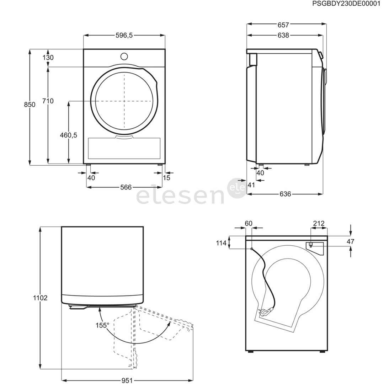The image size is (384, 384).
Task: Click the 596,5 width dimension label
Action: click(124, 36)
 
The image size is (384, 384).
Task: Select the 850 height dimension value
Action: click(30, 105)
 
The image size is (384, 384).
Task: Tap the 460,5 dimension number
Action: click(69, 135)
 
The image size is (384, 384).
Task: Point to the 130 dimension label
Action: click(48, 58)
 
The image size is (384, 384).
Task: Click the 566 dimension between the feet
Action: click(126, 187)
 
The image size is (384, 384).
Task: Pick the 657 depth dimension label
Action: click(283, 25)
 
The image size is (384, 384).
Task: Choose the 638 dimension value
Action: click(283, 36)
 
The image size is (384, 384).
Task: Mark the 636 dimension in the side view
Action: click(285, 194)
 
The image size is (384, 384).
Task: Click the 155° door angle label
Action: click(102, 325)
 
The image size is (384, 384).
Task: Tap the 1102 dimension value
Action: click(40, 298)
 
